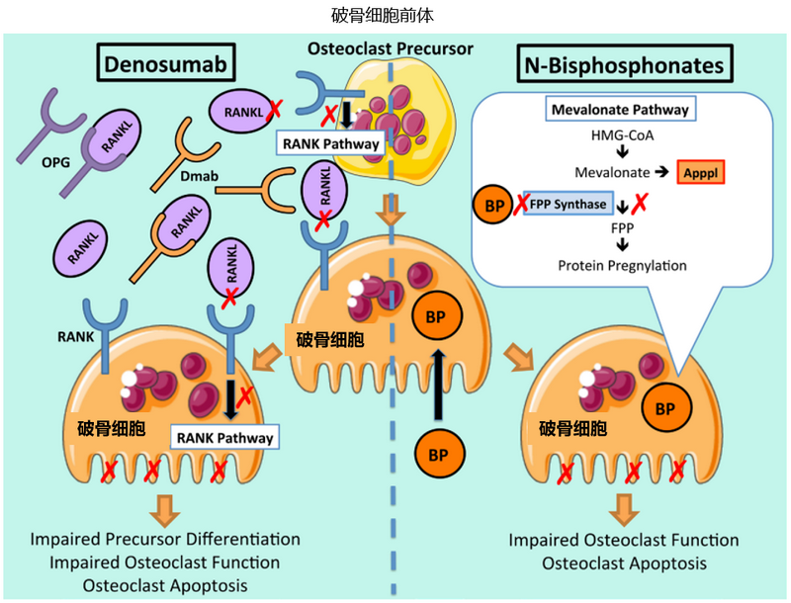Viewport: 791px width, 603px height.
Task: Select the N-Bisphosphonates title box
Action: pyautogui.click(x=624, y=65)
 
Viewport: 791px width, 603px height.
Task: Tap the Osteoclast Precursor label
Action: pyautogui.click(x=390, y=47)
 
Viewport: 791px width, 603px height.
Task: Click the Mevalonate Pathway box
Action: pyautogui.click(x=620, y=108)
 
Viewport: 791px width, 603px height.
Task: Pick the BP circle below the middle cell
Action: pyautogui.click(x=436, y=456)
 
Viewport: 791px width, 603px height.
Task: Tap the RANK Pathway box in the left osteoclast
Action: pyautogui.click(x=223, y=434)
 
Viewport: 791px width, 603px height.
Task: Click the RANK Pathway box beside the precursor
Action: pyautogui.click(x=330, y=144)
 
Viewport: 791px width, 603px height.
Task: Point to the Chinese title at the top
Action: pyautogui.click(x=395, y=15)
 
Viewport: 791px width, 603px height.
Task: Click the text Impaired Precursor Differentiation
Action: pyautogui.click(x=164, y=540)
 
